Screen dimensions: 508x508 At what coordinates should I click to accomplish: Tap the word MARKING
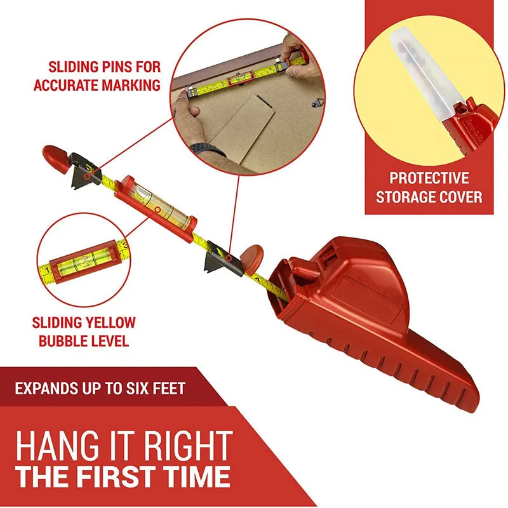click(x=131, y=85)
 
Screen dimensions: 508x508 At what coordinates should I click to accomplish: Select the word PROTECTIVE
click(x=429, y=178)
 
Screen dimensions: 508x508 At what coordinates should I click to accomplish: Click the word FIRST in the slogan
click(x=119, y=477)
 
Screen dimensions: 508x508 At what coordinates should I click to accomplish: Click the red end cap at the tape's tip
click(x=56, y=157)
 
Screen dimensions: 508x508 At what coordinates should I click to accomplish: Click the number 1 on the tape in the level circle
click(x=47, y=271)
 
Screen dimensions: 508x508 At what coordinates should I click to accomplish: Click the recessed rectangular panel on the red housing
click(x=373, y=298)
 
